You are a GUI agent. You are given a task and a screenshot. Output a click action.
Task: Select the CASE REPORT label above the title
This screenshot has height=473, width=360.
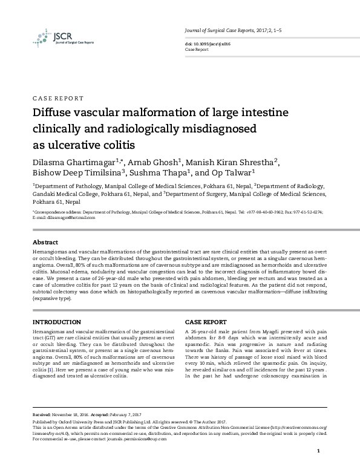pyautogui.click(x=57, y=98)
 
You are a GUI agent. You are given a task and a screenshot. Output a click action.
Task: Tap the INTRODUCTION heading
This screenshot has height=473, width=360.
pyautogui.click(x=56, y=322)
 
